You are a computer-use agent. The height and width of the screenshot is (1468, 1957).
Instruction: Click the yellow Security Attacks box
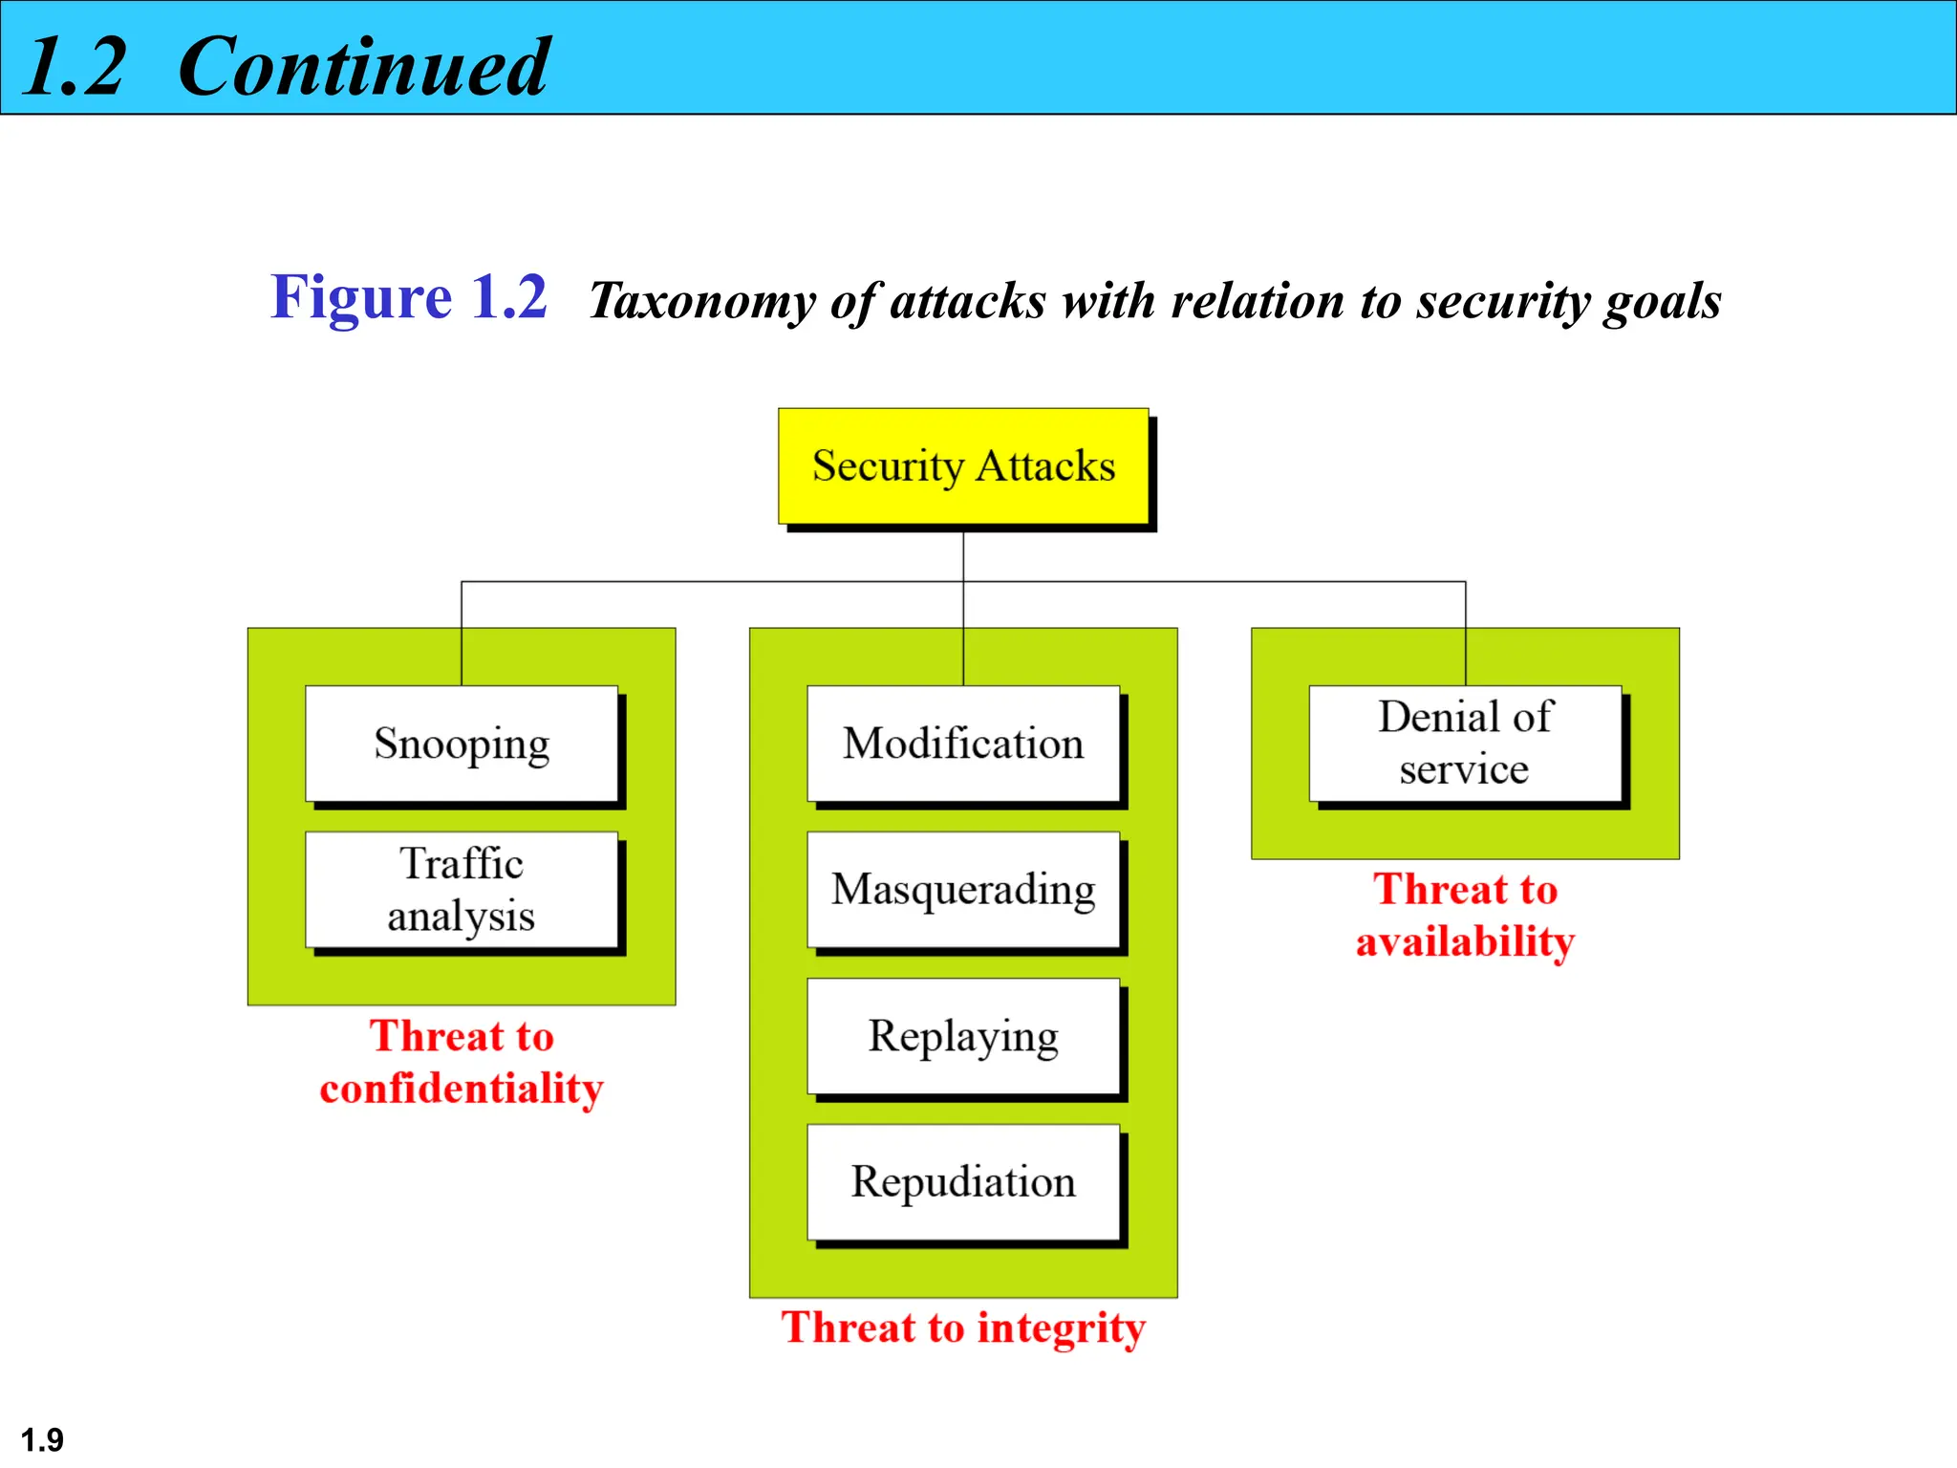coord(963,466)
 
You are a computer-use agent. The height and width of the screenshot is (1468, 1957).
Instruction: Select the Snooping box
coord(462,744)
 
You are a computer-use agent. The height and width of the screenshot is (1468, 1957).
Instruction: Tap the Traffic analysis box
coord(462,890)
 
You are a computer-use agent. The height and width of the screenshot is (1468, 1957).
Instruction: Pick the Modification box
coord(963,744)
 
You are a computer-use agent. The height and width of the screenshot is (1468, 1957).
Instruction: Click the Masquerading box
coord(963,890)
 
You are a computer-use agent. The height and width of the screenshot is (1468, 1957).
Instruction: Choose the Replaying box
coord(963,1036)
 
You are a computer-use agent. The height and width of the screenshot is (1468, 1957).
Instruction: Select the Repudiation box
coord(963,1182)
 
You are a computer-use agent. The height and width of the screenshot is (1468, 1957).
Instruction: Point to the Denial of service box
coord(1465,744)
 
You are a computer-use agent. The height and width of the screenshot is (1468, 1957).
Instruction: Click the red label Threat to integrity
coord(963,1328)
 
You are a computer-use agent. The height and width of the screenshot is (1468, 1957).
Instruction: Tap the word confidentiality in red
coord(462,1089)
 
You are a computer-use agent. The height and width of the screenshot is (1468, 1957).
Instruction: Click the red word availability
coord(1465,942)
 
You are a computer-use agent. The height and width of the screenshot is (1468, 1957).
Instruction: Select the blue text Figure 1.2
coord(409,297)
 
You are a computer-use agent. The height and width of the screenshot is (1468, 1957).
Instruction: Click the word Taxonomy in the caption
coord(701,301)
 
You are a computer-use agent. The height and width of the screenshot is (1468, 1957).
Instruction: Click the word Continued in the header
coord(363,66)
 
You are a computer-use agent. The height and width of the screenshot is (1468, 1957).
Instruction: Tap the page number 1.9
coord(42,1439)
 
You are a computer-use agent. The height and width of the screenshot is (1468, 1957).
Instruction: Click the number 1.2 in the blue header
coord(74,66)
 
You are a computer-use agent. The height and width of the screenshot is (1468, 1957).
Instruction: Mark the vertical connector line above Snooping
coord(462,633)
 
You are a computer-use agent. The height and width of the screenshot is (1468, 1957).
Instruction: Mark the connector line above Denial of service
coord(1465,633)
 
